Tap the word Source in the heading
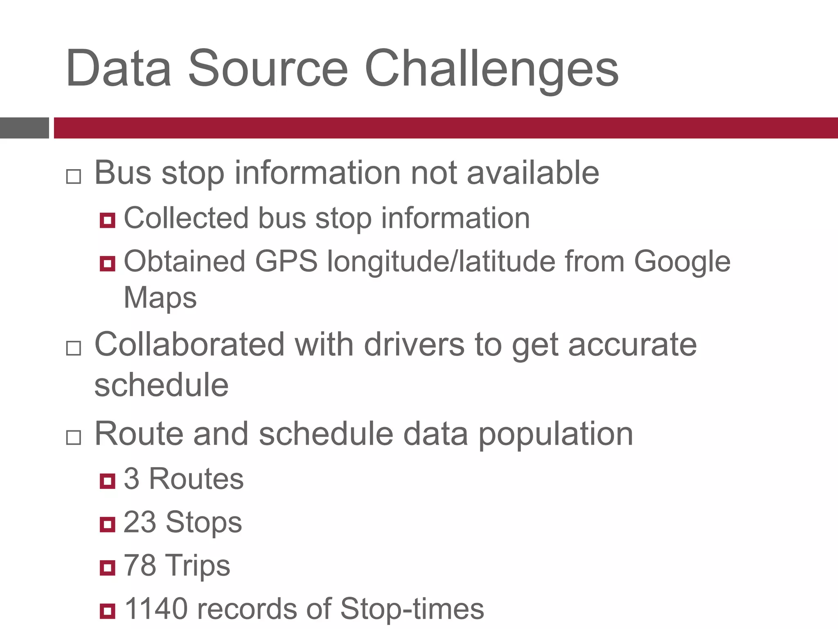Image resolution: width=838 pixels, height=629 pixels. pos(268,69)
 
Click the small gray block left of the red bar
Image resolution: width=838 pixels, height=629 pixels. pos(24,128)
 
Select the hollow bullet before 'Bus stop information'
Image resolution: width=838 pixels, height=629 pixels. pos(74,176)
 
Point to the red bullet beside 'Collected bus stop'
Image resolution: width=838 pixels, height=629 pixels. pos(107,220)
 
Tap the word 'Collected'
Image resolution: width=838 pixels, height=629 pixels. pos(186,218)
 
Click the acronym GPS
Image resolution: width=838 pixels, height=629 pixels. pos(286,261)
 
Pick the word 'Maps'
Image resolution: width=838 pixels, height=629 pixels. pos(160,298)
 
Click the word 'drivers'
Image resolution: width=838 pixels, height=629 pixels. pos(414,345)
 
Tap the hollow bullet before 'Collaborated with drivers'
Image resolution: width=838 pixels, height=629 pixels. pos(74,348)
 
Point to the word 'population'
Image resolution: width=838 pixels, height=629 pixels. pos(556,434)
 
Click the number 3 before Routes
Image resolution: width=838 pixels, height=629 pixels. pos(131,478)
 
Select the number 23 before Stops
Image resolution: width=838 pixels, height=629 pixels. pos(140,522)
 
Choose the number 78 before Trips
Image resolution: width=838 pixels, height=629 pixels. pos(140,565)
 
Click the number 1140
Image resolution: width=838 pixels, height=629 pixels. pos(156,609)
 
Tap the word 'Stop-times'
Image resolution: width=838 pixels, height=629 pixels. pos(412,609)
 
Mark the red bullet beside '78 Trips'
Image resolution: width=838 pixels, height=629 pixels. pos(107,568)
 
